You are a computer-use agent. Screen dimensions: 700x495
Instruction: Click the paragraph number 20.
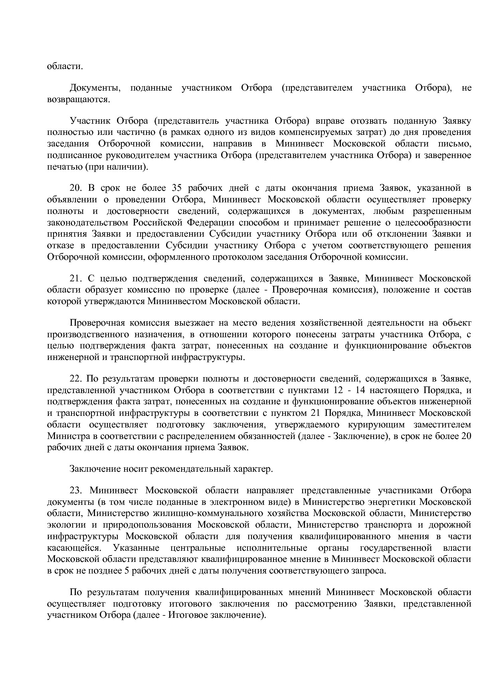point(75,188)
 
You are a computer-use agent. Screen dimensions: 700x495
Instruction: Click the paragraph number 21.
point(75,278)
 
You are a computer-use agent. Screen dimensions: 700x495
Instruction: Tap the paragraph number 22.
point(75,378)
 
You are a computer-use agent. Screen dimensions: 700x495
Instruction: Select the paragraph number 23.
point(75,490)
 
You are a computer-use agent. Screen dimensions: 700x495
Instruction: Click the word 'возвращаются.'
point(78,99)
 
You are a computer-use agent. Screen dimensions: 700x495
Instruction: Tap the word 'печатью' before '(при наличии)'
point(64,166)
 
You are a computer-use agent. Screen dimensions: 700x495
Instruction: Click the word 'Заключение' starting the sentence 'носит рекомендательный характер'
point(94,469)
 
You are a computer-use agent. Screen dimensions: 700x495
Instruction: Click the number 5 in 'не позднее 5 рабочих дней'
point(127,570)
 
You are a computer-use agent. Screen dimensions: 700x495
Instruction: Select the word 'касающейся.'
point(73,548)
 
